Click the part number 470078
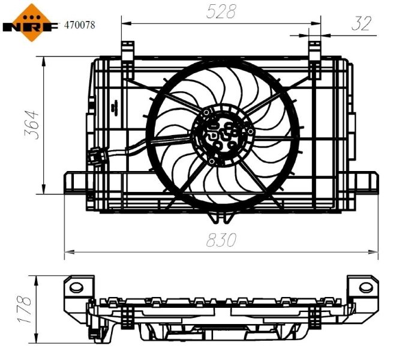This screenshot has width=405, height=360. pos(79,25)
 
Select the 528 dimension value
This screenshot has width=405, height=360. pos(221,11)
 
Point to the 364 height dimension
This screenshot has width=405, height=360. pos(31,125)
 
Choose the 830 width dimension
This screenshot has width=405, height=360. pos(221,240)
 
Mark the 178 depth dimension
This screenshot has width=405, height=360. pos(24,310)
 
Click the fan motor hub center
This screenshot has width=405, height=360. pos(221,136)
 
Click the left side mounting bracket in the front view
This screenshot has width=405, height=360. pos(74,182)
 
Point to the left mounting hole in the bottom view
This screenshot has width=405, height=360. pos(77,286)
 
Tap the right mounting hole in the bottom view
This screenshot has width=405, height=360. pos(365,287)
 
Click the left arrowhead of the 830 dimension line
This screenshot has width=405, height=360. pos(67,251)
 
